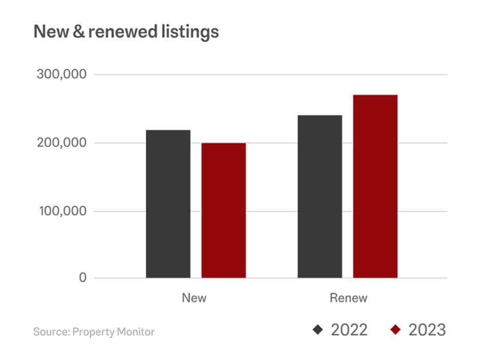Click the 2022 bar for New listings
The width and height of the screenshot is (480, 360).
click(168, 204)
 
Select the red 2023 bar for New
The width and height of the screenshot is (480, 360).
click(223, 210)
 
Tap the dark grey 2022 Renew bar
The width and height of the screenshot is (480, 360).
click(319, 196)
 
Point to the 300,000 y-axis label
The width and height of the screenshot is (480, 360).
click(61, 74)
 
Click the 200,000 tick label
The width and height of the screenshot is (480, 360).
click(61, 143)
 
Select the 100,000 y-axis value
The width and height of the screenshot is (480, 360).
click(61, 211)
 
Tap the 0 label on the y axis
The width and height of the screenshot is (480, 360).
click(83, 278)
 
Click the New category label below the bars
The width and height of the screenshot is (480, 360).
click(194, 298)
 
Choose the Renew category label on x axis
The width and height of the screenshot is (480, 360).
click(348, 298)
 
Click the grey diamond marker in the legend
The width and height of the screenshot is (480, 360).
click(318, 329)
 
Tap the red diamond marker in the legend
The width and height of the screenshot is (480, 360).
click(396, 329)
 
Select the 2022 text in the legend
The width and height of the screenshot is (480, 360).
click(349, 329)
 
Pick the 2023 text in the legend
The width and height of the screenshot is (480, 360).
click(427, 329)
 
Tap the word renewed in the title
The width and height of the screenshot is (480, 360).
click(121, 32)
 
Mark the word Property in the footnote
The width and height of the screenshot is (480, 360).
click(91, 331)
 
